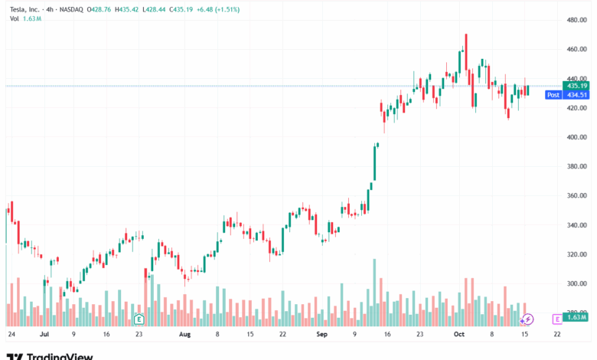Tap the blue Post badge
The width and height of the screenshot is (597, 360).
pos(553,95)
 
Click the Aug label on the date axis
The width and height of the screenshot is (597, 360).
pos(184,335)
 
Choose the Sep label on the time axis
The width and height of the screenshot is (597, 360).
pos(322,335)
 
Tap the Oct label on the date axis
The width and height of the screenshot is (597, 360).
pos(459,335)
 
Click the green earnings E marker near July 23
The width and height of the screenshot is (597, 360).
pos(139,318)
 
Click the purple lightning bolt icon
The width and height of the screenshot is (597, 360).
pos(527,318)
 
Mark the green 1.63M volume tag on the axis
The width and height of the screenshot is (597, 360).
pos(576,316)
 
